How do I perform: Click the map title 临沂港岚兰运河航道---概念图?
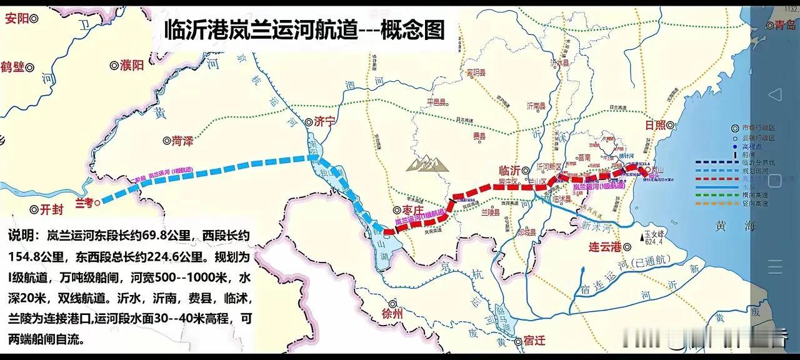pos(304,29)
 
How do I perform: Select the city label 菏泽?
pos(182,141)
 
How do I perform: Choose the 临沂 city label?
pos(510,170)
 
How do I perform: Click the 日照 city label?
pos(656,125)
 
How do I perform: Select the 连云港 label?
pos(604,246)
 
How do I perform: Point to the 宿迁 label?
pos(534,341)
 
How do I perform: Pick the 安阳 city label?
pos(17,19)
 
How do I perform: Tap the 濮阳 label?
pos(132,64)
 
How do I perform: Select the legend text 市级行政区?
pos(757,127)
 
